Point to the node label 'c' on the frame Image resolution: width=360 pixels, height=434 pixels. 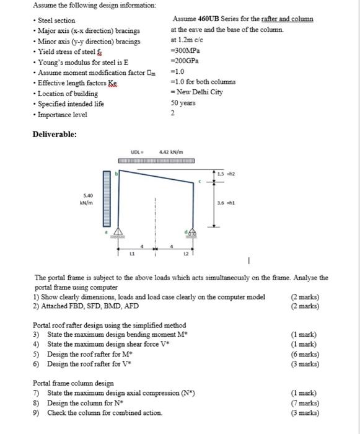tap(199, 181)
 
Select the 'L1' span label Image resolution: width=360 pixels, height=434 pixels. tap(132, 254)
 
